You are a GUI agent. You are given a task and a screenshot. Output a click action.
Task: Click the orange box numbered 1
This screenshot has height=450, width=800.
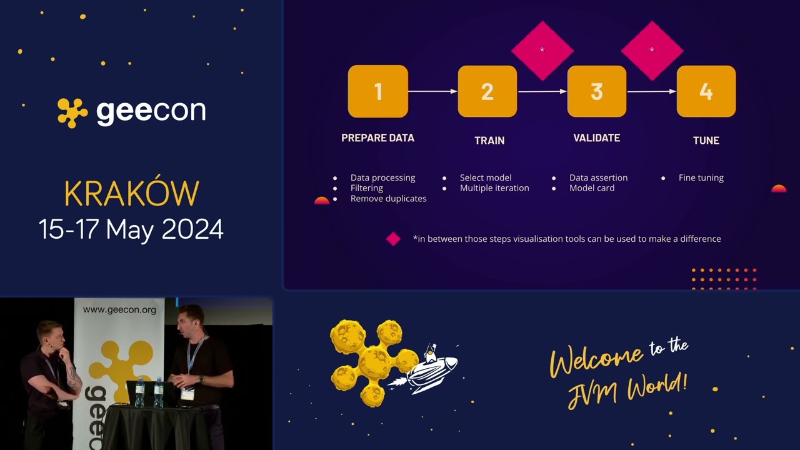point(378,91)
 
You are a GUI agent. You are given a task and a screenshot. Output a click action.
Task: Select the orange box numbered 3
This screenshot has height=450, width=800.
point(597,91)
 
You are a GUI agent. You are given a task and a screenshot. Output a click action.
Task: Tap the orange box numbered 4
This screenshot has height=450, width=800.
point(706,91)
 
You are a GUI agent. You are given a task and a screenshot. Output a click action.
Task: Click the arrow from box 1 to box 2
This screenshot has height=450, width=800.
point(433,91)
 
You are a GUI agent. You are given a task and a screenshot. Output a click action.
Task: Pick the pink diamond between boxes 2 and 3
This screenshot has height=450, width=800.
point(542,51)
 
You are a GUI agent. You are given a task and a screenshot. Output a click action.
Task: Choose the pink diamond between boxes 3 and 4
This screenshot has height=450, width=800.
point(652,51)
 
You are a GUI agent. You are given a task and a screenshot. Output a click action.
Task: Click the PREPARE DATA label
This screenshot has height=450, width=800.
point(378,138)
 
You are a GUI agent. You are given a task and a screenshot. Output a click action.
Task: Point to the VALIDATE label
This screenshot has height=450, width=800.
point(597,138)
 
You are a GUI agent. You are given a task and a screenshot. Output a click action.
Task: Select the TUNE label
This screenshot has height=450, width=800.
point(706,141)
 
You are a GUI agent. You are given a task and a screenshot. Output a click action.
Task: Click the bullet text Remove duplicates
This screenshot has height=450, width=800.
point(388,199)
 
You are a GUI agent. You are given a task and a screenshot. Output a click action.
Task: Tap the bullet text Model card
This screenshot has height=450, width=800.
point(592,188)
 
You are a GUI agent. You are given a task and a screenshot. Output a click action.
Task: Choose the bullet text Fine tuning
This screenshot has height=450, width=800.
point(701,178)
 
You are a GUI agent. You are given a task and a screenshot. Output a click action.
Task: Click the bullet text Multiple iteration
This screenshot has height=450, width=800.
point(494,188)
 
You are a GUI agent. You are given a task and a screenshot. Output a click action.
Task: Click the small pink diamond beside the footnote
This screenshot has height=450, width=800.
point(393,239)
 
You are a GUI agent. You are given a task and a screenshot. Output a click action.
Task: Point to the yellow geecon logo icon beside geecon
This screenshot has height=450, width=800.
point(72,113)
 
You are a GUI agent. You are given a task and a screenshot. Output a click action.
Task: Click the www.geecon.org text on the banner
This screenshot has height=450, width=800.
point(119,309)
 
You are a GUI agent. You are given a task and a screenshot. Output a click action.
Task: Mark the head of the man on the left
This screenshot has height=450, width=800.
point(51,336)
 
